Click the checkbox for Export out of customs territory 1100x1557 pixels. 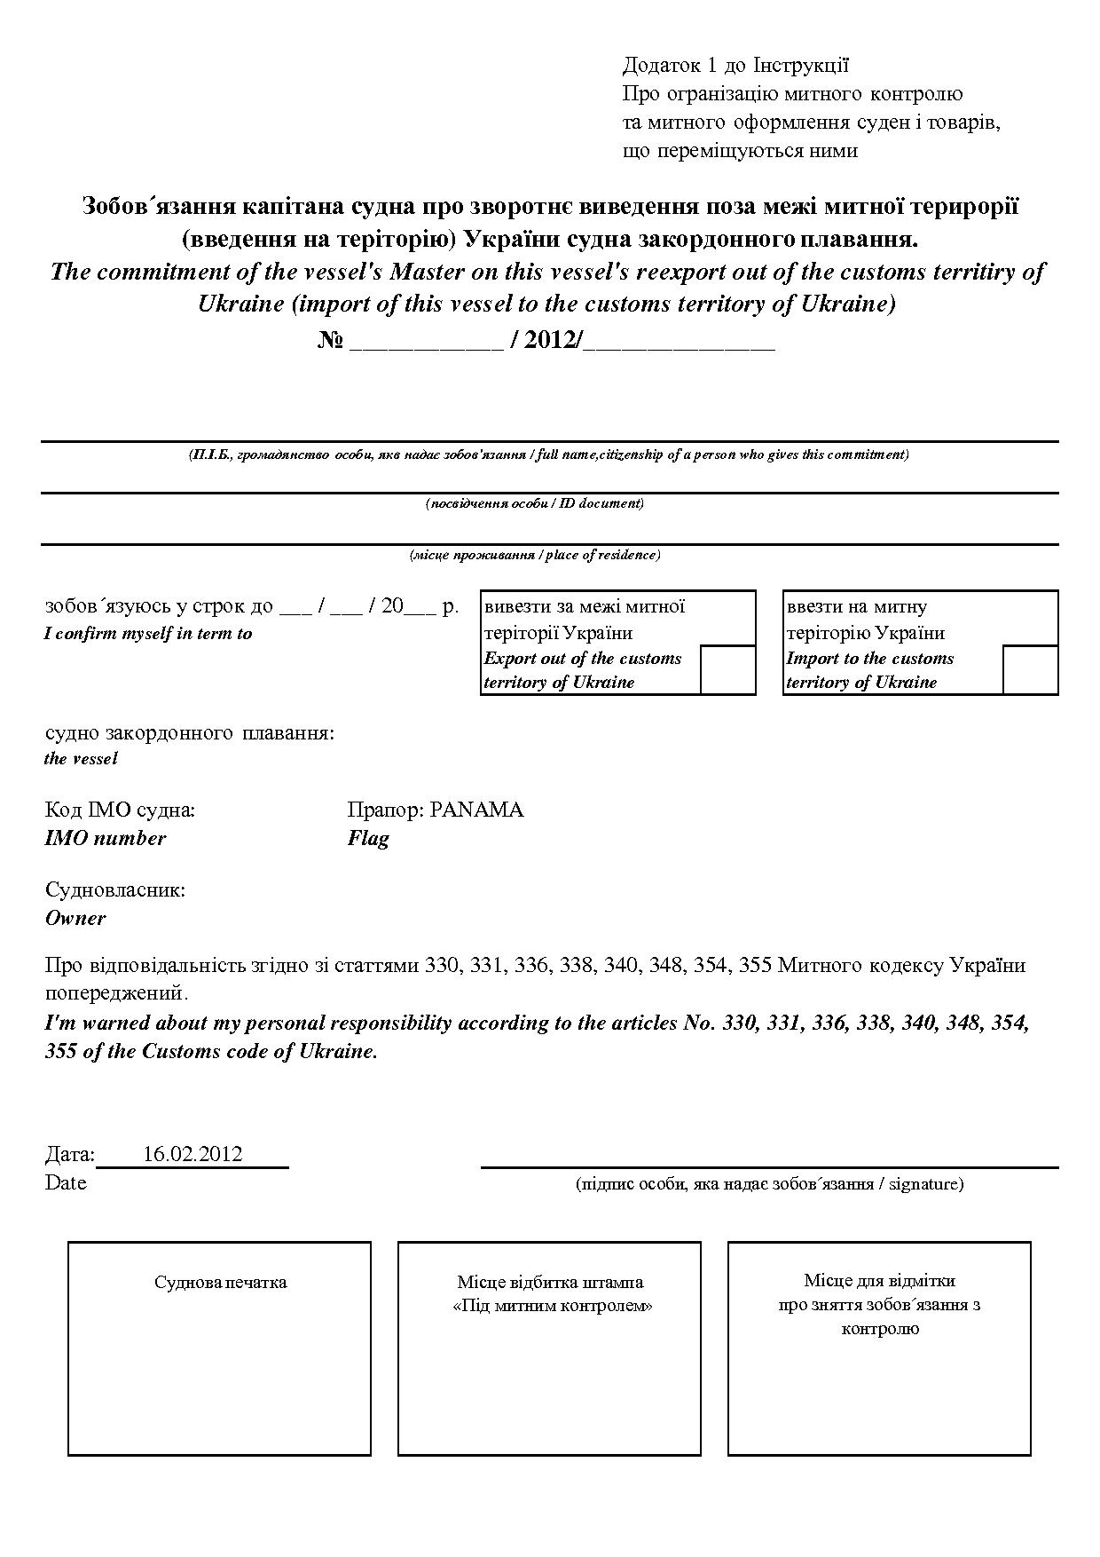pos(727,669)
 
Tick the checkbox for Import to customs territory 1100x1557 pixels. pos(1030,669)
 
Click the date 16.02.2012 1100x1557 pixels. pos(192,1154)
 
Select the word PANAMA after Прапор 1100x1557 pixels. pos(476,810)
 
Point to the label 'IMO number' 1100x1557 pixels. pos(106,838)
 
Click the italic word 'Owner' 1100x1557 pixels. pos(75,918)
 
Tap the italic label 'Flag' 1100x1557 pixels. pos(368,838)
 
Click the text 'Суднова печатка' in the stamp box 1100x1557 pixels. pos(220,1282)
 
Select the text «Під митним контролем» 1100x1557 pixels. pos(552,1306)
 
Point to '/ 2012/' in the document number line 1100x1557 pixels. pos(545,341)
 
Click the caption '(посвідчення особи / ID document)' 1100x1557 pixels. pos(535,503)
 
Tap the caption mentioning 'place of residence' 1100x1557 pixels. pos(535,555)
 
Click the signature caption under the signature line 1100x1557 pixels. pos(769,1183)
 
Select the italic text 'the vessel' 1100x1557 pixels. pos(81,758)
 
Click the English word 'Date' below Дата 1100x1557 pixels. pos(66,1182)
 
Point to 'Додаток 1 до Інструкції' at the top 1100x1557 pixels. pos(735,65)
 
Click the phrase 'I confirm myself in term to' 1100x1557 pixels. pos(148,634)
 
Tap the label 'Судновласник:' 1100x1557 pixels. pos(115,889)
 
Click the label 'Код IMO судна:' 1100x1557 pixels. pos(120,810)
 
